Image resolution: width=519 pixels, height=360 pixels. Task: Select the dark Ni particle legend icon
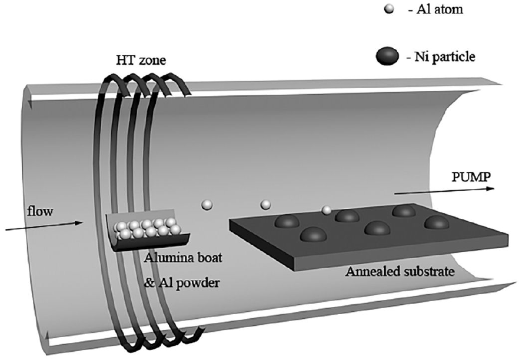pos(388,57)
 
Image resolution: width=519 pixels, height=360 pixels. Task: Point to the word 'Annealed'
pos(369,272)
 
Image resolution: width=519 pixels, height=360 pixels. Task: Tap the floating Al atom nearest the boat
pos(207,205)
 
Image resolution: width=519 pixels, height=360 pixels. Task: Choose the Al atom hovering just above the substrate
pos(326,209)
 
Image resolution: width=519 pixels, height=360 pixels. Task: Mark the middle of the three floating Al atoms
pos(265,204)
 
